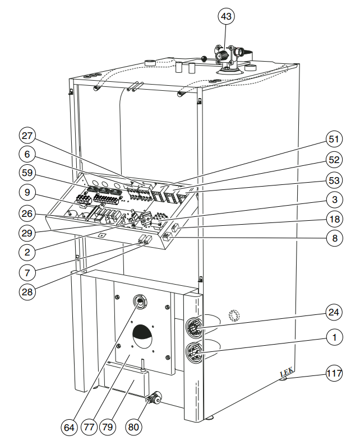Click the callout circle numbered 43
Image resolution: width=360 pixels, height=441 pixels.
226,16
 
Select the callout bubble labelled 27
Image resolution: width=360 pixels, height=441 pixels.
27,136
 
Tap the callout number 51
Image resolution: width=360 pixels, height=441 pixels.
334,139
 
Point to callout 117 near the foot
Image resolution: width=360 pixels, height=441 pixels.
334,373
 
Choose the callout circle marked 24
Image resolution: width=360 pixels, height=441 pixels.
334,312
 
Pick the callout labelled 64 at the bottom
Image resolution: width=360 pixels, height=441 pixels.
69,428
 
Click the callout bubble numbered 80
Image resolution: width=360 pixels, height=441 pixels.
133,428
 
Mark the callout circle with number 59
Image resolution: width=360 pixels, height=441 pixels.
27,173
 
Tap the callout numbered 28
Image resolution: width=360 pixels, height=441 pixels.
27,292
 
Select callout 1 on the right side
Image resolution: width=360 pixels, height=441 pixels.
334,337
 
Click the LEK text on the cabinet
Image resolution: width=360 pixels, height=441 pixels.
287,372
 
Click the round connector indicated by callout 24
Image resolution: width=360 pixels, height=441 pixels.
193,327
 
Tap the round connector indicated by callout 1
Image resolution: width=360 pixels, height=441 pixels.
193,351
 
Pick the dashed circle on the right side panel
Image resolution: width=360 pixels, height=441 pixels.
234,315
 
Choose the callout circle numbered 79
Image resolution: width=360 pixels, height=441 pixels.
108,428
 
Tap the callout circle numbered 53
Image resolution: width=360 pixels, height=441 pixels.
334,180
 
